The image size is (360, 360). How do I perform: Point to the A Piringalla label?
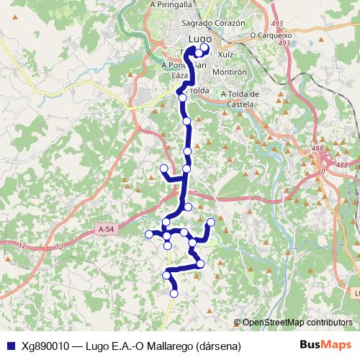[173, 4]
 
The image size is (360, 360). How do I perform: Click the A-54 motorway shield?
[105, 229]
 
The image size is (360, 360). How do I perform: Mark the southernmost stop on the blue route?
[174, 293]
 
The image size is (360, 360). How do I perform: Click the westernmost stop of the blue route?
[149, 233]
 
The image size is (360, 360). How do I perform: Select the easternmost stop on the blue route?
[211, 222]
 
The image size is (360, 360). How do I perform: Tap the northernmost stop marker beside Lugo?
[204, 48]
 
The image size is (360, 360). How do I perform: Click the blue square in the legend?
[10, 345]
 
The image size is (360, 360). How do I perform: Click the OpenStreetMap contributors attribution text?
[297, 323]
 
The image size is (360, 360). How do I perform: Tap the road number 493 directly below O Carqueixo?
[284, 43]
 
